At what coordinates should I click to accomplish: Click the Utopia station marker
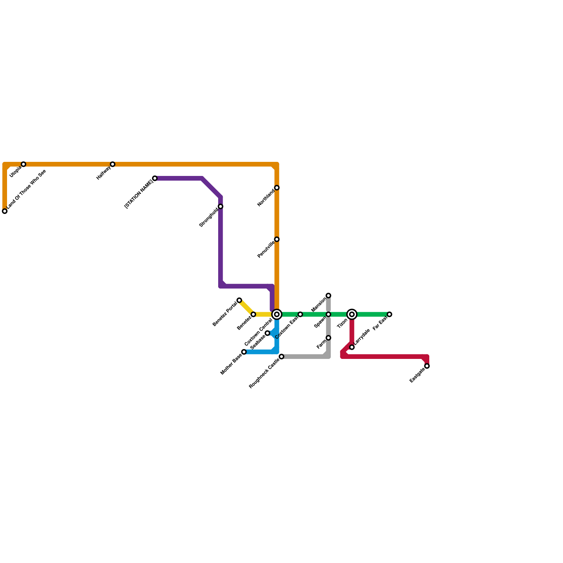24,164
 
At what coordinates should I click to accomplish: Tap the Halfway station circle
113,164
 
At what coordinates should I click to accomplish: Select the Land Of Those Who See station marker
5,211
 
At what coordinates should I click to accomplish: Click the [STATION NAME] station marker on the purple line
155,178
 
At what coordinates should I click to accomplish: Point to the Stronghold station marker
221,207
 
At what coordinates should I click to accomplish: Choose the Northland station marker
277,188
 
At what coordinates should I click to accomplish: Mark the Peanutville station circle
277,239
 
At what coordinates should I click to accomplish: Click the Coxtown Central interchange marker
277,314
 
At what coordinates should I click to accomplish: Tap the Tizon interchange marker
352,314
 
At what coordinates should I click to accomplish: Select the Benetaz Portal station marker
239,300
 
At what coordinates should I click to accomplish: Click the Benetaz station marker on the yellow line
253,314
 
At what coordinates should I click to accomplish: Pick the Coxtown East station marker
300,314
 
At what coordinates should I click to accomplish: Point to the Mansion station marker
328,296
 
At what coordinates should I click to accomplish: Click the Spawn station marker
328,314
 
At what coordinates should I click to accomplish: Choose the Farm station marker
328,338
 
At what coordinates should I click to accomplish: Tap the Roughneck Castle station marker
281,357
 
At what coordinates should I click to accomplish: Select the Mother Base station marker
244,352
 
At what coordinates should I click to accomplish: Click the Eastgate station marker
427,366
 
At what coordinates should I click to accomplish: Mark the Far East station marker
390,314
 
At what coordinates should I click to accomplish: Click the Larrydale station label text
362,336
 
